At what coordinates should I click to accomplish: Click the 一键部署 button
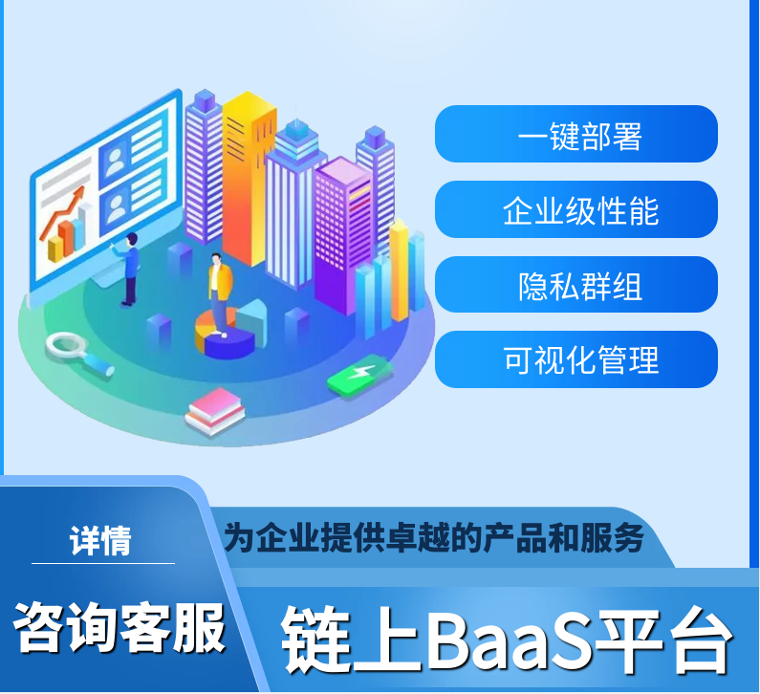point(576,134)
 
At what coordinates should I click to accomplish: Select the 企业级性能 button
point(576,209)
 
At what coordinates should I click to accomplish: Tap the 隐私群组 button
point(576,285)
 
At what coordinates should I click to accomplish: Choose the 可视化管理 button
point(576,359)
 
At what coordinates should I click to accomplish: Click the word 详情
point(100,540)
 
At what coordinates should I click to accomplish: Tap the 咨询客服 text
point(119,627)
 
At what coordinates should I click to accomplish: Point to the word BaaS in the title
point(509,640)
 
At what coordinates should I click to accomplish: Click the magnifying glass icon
point(79,354)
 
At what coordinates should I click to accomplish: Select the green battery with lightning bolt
point(359,377)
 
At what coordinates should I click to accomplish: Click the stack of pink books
point(215,411)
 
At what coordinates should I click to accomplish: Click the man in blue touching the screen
point(128,269)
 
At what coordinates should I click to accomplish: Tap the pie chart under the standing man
point(225,334)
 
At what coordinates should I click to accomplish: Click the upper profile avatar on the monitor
point(115,162)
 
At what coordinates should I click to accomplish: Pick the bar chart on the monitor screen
point(69,237)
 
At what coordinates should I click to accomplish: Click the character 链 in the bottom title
point(316,640)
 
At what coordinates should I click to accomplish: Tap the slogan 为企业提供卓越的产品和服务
point(434,537)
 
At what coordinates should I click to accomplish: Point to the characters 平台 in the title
point(664,640)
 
